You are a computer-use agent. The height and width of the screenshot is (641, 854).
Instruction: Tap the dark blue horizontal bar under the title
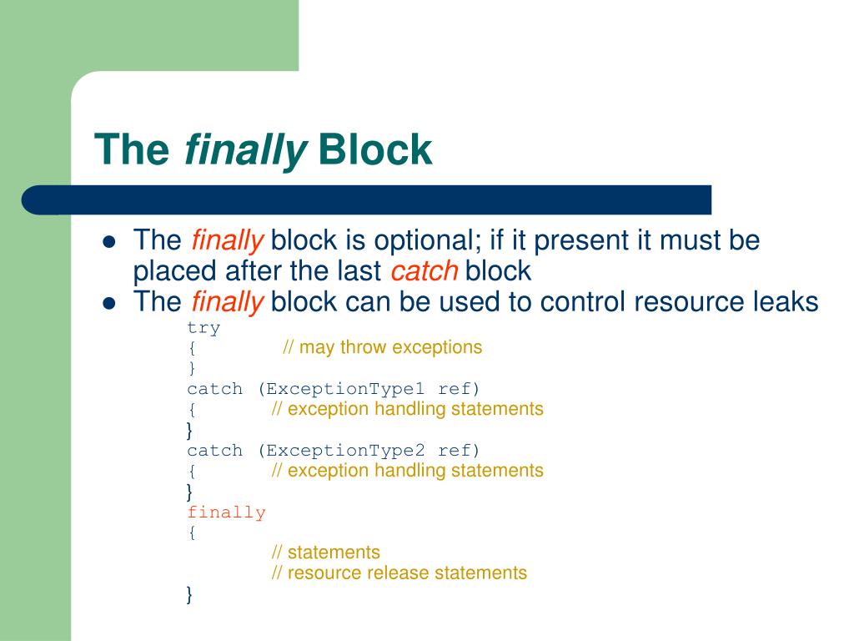pyautogui.click(x=367, y=200)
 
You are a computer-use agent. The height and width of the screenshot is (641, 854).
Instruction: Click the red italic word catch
pyautogui.click(x=424, y=271)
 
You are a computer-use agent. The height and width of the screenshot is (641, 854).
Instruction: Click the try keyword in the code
pyautogui.click(x=203, y=328)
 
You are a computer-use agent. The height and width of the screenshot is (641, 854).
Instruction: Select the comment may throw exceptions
pyautogui.click(x=382, y=347)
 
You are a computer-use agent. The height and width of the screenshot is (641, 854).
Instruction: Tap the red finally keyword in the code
pyautogui.click(x=226, y=512)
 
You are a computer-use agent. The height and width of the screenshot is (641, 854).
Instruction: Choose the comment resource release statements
pyautogui.click(x=399, y=573)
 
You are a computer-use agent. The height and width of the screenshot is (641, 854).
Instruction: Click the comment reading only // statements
pyautogui.click(x=325, y=553)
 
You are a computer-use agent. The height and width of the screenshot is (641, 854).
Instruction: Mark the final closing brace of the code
pyautogui.click(x=190, y=594)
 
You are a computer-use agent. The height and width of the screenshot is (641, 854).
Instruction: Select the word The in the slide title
pyautogui.click(x=131, y=149)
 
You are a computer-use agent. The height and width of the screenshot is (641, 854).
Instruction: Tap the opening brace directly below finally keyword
pyautogui.click(x=191, y=532)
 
